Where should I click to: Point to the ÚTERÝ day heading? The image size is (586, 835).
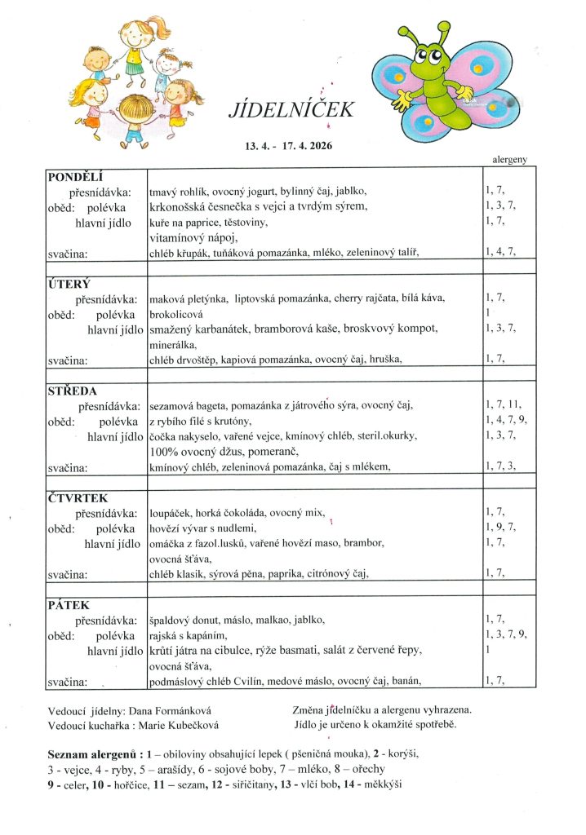point(69,284)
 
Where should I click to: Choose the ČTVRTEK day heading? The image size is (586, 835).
point(78,497)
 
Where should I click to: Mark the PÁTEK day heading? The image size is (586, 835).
point(69,605)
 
